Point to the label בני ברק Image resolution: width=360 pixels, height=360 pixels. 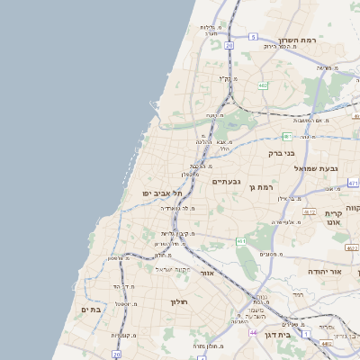(x=283, y=153)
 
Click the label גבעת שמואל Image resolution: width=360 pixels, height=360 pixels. (x=314, y=167)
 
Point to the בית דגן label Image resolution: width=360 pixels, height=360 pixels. (x=281, y=334)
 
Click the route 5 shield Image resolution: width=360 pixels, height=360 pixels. (x=255, y=37)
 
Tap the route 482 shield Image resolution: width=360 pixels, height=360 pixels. (x=262, y=85)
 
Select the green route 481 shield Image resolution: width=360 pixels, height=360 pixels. (x=286, y=136)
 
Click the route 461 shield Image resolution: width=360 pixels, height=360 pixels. (x=241, y=241)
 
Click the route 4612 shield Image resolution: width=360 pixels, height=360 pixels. (x=308, y=211)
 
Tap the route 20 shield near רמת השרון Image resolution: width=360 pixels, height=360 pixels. (x=229, y=44)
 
